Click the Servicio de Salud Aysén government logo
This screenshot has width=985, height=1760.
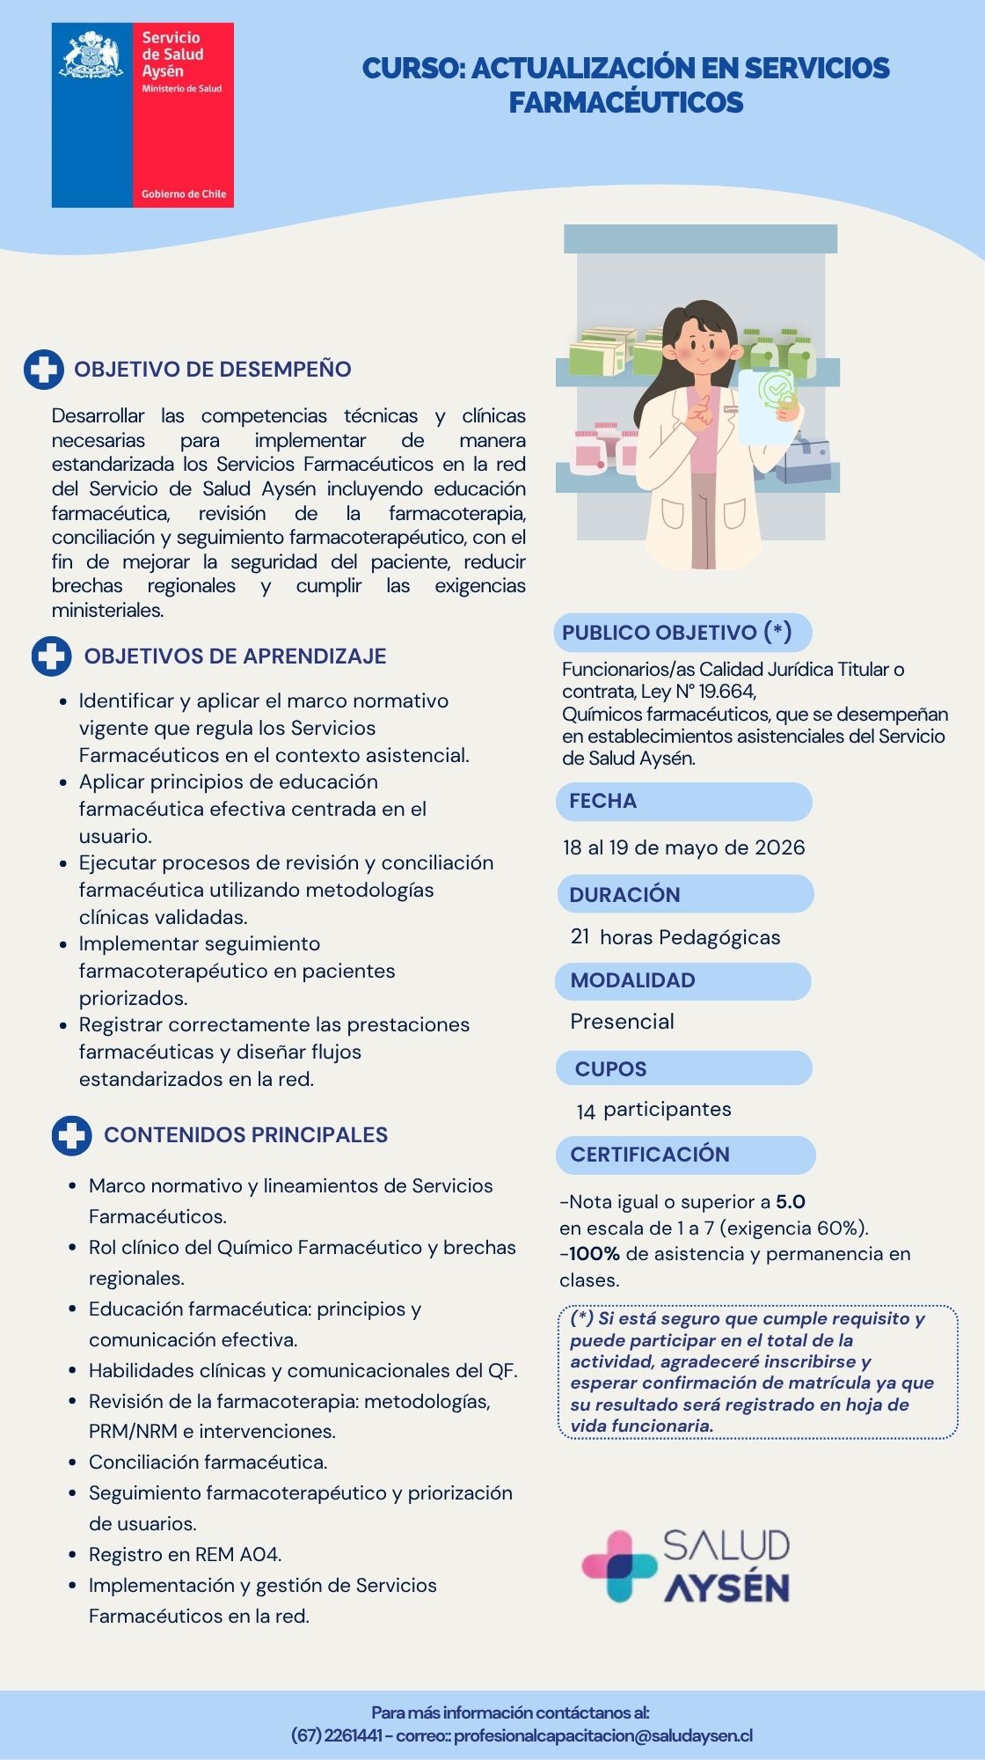(142, 115)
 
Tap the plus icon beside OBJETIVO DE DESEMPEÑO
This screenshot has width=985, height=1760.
(43, 370)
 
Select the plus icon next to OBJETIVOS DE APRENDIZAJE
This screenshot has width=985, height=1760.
(51, 656)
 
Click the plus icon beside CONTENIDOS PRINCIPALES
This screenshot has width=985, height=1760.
(71, 1135)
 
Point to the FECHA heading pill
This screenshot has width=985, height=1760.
(683, 802)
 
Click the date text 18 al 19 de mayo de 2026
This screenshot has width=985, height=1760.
(683, 847)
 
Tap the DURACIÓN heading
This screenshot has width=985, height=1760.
(624, 895)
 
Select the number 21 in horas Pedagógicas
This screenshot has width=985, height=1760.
(580, 936)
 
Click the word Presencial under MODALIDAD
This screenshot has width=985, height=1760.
(622, 1022)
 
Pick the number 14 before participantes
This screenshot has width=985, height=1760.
(586, 1111)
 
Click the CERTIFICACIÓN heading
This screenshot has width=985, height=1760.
(650, 1155)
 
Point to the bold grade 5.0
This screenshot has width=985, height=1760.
(791, 1202)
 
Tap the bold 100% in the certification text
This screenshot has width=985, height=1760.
(595, 1254)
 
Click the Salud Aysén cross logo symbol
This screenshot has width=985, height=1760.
(618, 1567)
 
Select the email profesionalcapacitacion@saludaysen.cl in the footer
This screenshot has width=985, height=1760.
(603, 1736)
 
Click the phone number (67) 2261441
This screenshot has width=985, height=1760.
(336, 1736)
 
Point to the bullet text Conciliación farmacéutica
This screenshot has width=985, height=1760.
(208, 1463)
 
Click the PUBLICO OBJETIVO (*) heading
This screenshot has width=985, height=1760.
(676, 633)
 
